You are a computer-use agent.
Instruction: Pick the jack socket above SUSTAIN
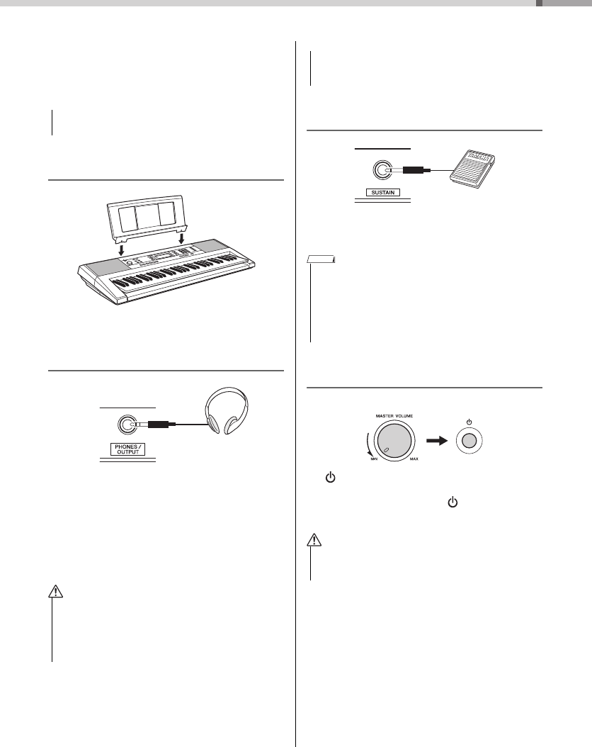tap(382, 170)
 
